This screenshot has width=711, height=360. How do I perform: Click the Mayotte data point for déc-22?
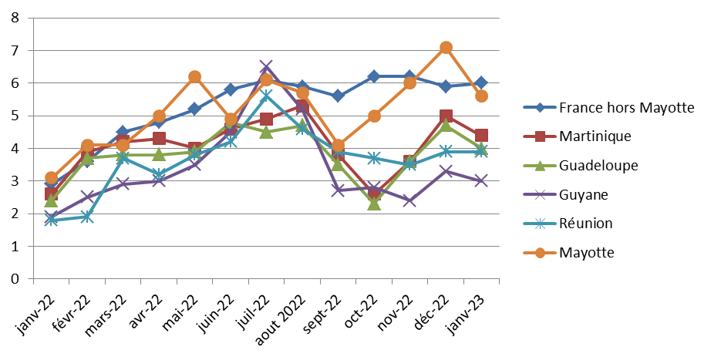446,47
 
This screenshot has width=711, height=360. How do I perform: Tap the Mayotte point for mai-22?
194,76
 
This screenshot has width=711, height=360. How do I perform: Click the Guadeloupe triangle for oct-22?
374,204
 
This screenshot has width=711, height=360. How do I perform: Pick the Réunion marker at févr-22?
87,217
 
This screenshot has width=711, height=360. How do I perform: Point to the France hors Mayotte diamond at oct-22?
374,76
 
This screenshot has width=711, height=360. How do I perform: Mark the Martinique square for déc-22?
446,116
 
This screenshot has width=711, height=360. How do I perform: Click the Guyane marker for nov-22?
409,200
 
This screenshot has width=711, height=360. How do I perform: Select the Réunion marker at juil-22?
266,96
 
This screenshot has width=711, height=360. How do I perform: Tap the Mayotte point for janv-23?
481,96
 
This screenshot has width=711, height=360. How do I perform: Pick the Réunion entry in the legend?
586,224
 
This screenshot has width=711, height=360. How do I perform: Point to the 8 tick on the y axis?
15,18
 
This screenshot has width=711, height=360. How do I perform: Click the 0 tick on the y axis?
15,279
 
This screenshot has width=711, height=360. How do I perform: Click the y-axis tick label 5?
15,116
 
